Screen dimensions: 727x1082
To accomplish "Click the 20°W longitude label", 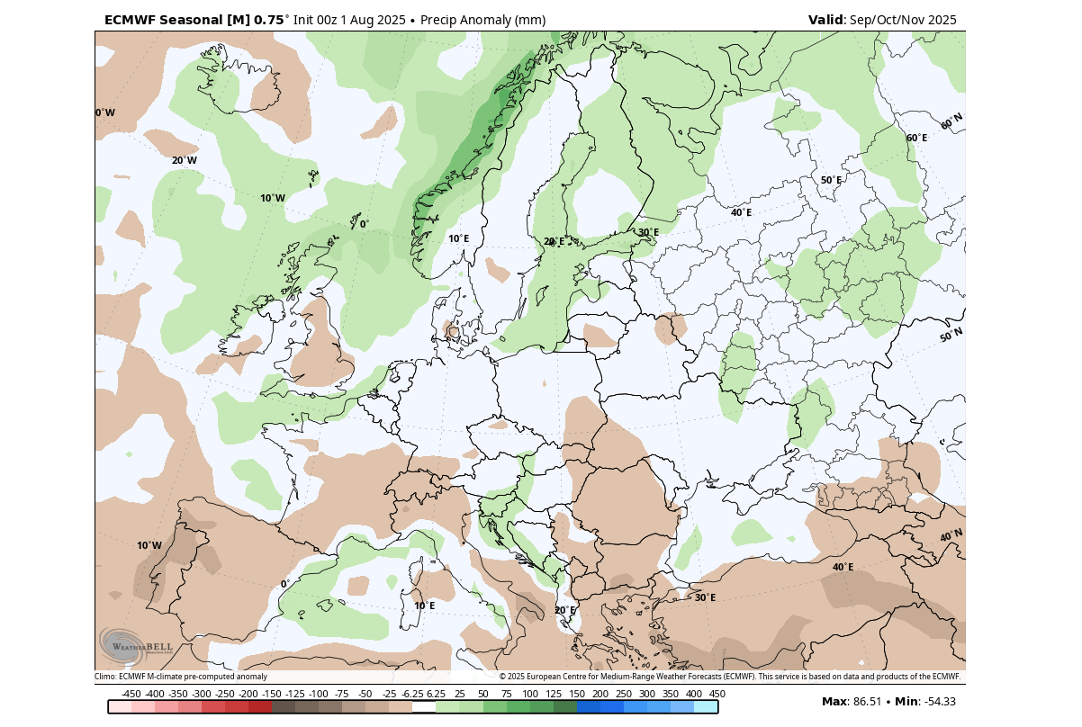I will [x=184, y=160].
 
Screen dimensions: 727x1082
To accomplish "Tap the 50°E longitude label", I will [x=831, y=180].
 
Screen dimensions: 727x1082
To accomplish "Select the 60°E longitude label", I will [x=916, y=138].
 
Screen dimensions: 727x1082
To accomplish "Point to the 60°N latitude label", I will [x=951, y=122].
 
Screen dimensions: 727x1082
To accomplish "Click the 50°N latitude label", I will [x=951, y=336].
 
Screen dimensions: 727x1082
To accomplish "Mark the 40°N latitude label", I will [x=951, y=536].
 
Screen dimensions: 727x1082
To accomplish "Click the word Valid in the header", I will [x=825, y=20].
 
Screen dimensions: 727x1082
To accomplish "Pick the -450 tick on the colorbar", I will [x=131, y=694].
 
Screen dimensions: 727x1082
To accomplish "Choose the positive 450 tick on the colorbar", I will [x=717, y=694].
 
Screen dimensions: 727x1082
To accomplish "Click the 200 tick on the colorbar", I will [x=600, y=694].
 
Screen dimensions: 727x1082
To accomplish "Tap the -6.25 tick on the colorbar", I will [x=412, y=694].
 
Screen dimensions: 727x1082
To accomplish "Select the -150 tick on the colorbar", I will [x=272, y=694].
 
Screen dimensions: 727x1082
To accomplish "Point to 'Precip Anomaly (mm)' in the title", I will [x=482, y=20].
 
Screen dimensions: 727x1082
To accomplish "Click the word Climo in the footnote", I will [x=105, y=677].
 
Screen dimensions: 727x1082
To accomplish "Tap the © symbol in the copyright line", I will [x=502, y=677].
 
